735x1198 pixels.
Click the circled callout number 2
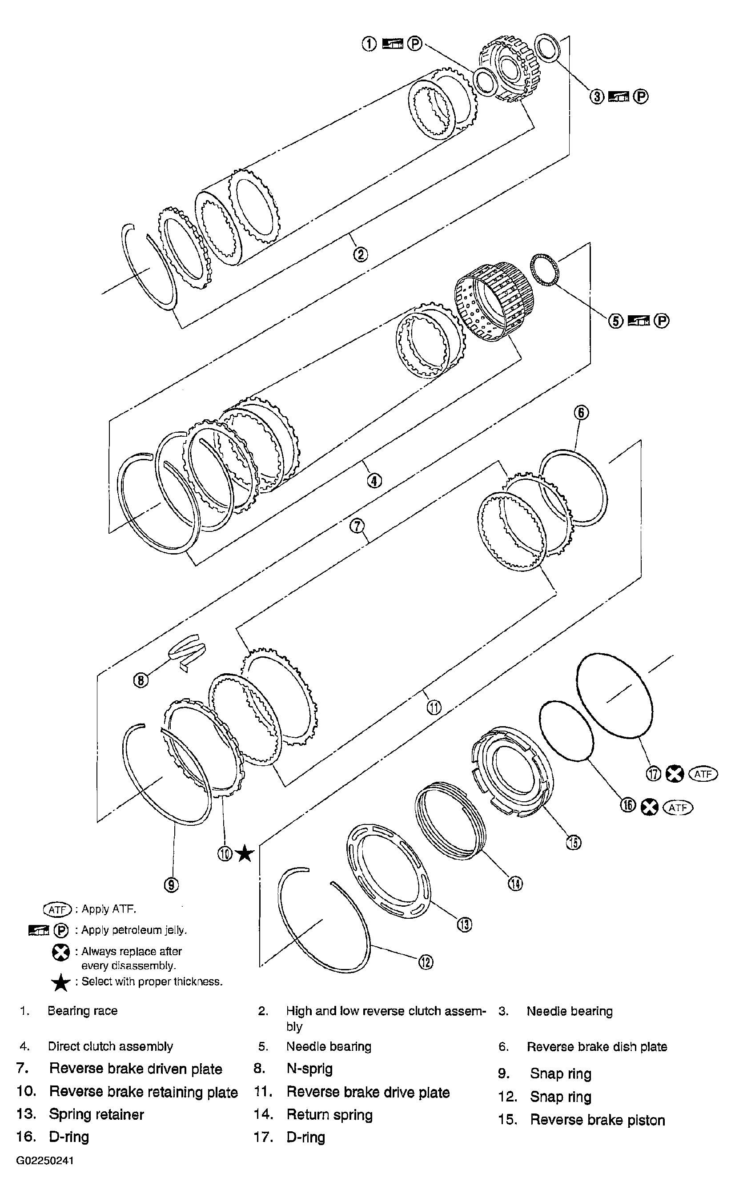(360, 254)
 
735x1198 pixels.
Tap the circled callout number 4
(374, 481)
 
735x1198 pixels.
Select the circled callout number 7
(357, 526)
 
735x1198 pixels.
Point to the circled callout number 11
(434, 707)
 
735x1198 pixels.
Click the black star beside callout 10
(245, 853)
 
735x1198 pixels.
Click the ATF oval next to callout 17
(703, 774)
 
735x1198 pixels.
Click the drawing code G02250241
(45, 1161)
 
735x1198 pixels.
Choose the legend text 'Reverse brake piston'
(597, 1120)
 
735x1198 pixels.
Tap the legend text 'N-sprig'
(309, 1069)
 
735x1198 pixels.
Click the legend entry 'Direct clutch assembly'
(110, 1046)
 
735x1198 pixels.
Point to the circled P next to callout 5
(661, 321)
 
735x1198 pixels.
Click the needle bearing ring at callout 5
(544, 269)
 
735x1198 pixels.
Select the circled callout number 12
(426, 962)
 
